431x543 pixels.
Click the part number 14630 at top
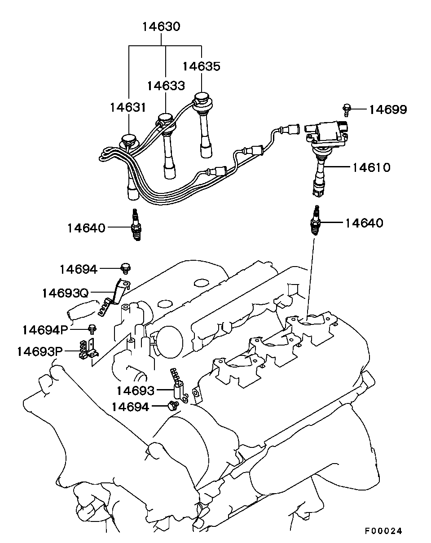coord(161,26)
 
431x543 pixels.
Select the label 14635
coord(201,66)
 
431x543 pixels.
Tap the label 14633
coord(166,86)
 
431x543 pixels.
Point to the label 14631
coord(128,108)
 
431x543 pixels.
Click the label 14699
coord(388,109)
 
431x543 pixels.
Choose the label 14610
coord(371,167)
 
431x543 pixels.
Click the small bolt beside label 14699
coord(347,110)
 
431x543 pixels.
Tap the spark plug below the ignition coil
coord(316,220)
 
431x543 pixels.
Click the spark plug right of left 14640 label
coord(136,224)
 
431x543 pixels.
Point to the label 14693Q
coord(66,293)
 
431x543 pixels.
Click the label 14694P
coord(45,330)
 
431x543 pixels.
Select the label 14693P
coord(40,351)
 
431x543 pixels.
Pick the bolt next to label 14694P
coord(92,329)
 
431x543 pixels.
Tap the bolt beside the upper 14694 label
coord(126,268)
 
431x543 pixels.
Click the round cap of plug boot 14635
coord(202,99)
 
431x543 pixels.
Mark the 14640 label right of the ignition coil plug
coord(364,223)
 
